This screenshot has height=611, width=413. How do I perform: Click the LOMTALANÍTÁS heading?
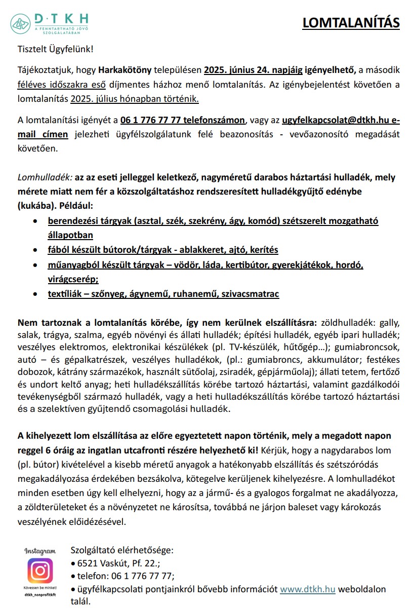coord(351,23)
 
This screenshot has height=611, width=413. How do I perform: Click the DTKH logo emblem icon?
coord(21,23)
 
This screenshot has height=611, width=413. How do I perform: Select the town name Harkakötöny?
coord(122,70)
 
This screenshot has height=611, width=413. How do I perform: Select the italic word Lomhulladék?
coord(45,177)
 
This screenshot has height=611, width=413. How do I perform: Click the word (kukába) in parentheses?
coord(34,206)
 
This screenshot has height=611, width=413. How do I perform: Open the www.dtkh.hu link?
coord(308,590)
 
